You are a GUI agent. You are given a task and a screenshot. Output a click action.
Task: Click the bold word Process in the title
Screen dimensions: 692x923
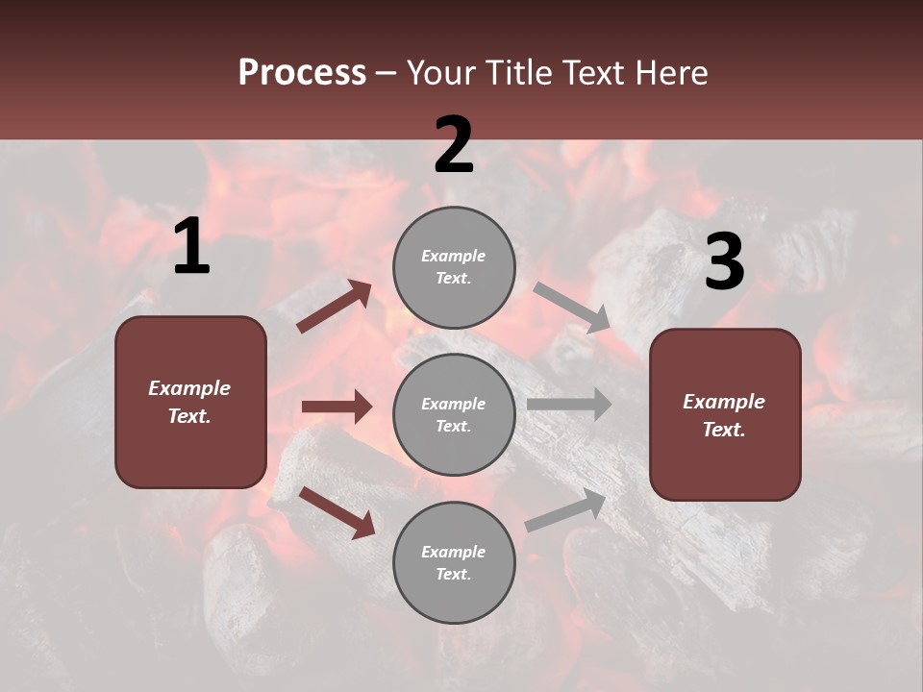tap(302, 73)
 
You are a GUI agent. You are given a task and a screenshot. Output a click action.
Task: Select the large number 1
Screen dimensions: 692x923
tap(191, 248)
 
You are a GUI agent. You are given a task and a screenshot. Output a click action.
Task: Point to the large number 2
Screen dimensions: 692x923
tap(454, 146)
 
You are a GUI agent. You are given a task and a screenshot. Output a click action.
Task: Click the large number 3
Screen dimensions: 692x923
tap(724, 263)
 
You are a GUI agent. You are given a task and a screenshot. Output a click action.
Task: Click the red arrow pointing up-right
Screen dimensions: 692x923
tap(334, 307)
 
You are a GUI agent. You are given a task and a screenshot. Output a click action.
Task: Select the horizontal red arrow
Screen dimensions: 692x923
tap(337, 407)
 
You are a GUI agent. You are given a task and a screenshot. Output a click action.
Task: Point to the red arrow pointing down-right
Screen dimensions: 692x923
tap(337, 511)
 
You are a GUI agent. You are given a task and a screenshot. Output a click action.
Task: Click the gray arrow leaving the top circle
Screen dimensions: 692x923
tap(572, 308)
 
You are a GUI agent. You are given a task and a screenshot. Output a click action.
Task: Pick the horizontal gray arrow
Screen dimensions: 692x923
tap(568, 404)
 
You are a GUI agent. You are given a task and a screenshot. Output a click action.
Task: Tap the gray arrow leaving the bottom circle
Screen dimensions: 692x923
tap(565, 510)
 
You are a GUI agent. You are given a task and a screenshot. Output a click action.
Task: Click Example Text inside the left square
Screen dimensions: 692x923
tap(189, 402)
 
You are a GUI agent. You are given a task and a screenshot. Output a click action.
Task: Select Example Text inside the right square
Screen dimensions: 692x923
tap(724, 415)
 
